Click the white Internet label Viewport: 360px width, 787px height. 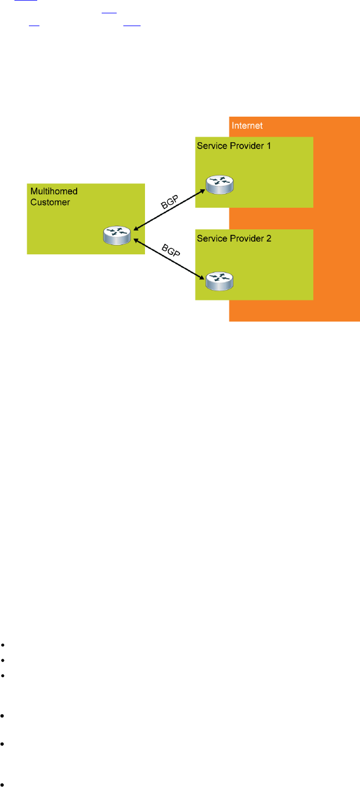click(x=247, y=126)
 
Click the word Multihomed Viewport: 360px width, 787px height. click(x=54, y=192)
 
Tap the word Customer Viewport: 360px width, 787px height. click(x=50, y=202)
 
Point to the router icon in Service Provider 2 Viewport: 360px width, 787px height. click(x=219, y=280)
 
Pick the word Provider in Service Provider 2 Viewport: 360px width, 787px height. click(x=245, y=238)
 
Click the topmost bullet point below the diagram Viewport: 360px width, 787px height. click(x=3, y=645)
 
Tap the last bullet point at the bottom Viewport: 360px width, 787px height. click(x=3, y=785)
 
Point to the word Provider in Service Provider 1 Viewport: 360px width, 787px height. click(x=245, y=145)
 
